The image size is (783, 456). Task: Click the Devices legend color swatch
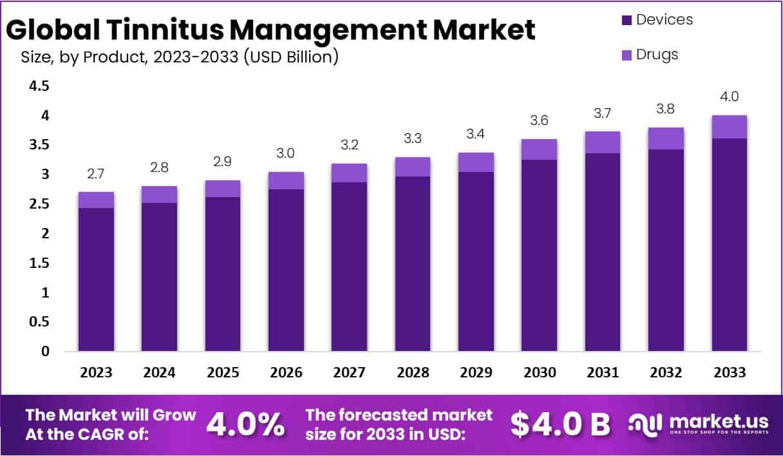point(627,21)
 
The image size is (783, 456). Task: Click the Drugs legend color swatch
point(627,55)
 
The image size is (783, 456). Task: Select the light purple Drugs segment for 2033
point(729,127)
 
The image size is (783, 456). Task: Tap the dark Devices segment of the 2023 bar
point(96,280)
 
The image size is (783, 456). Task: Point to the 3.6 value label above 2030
point(539,120)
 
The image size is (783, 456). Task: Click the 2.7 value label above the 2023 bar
point(96,174)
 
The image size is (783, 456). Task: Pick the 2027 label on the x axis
point(349,373)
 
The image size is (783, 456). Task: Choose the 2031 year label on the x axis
point(602,373)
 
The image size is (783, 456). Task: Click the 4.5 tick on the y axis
point(40,86)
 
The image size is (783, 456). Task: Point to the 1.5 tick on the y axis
point(40,263)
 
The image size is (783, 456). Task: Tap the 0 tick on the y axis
point(44,352)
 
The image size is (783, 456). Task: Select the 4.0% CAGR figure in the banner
point(245,424)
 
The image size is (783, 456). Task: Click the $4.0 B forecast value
point(560,424)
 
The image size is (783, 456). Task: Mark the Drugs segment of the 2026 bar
point(286,180)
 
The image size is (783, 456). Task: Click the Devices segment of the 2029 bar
point(476,261)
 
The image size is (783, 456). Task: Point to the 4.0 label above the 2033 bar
point(729,97)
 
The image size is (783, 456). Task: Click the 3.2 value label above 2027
point(349,146)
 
